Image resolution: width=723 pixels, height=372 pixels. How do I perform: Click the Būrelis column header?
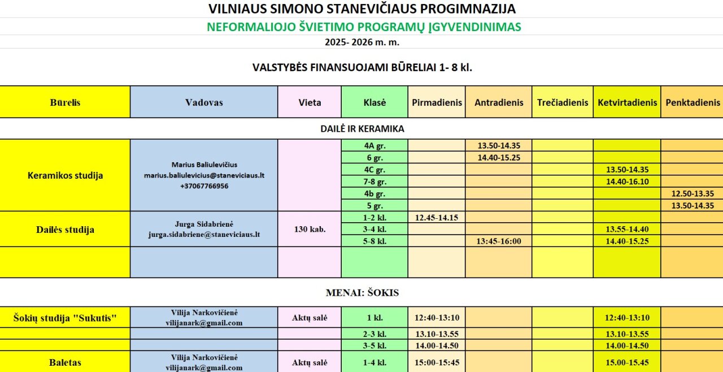tap(65, 102)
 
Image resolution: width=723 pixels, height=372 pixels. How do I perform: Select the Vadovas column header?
tap(204, 102)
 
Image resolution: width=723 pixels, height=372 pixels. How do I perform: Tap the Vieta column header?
tap(310, 102)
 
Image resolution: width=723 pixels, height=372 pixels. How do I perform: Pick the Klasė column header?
tap(374, 102)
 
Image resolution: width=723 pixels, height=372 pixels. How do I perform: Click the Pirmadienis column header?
tap(437, 102)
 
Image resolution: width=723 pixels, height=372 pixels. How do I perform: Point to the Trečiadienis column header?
tap(562, 102)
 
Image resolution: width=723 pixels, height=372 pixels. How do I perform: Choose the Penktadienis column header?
tap(692, 102)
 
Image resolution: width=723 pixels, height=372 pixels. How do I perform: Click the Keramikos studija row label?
tap(65, 175)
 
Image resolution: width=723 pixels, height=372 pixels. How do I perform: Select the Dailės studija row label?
tap(65, 230)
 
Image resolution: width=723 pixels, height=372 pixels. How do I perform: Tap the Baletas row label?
tap(65, 362)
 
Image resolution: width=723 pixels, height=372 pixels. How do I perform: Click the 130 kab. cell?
tap(310, 230)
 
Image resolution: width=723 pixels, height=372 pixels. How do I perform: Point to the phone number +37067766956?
tap(204, 186)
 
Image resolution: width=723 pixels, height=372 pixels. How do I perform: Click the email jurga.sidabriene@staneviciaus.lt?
tap(204, 234)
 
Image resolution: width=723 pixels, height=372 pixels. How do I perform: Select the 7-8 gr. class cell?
tap(374, 181)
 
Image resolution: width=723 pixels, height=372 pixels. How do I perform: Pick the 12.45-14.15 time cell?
tap(437, 217)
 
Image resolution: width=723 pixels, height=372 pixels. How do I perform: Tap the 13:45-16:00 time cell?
tap(498, 241)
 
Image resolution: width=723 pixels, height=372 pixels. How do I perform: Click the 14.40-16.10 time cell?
tap(627, 181)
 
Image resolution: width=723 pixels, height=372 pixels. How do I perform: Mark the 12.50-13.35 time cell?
tap(692, 193)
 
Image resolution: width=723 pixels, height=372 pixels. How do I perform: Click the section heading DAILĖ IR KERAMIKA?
tap(362, 129)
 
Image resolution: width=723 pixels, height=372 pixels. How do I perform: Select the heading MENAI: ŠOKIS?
tap(362, 293)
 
